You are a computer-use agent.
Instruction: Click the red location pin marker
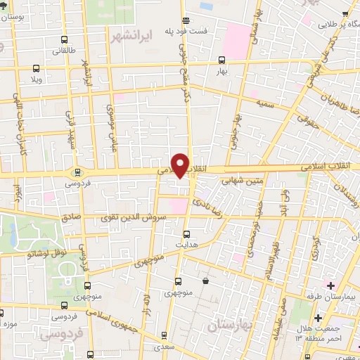click(x=181, y=165)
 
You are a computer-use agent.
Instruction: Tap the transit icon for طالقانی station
click(x=35, y=69)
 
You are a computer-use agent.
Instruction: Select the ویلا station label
click(x=36, y=79)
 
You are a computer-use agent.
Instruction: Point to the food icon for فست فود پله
click(x=185, y=20)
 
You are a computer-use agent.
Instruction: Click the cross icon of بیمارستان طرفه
click(x=330, y=285)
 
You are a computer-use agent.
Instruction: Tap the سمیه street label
click(x=264, y=103)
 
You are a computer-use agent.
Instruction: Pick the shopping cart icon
click(x=205, y=281)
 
